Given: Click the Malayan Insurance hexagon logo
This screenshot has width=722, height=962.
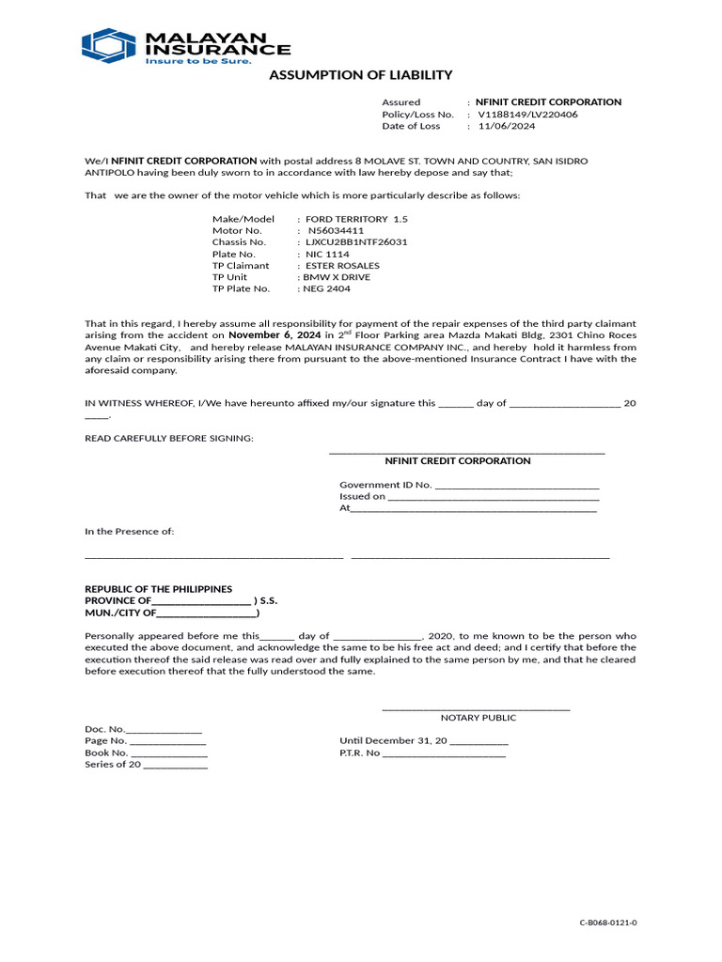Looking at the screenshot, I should [109, 46].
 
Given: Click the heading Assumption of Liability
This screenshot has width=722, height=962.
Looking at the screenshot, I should [361, 75].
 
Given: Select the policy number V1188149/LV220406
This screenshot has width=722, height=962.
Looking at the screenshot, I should [527, 114].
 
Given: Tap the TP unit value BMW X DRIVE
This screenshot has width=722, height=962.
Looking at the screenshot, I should [336, 277].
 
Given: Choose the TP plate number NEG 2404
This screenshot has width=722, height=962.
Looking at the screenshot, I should [325, 289].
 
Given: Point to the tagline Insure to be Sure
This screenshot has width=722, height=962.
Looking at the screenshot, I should [197, 61].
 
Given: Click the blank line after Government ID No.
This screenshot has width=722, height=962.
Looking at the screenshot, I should [517, 486].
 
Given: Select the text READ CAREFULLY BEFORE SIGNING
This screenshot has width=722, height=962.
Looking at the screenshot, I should [169, 439].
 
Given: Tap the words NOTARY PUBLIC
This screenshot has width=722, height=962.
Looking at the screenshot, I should [479, 718].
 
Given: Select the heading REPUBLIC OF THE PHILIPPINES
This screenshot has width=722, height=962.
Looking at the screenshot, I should [158, 589].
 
